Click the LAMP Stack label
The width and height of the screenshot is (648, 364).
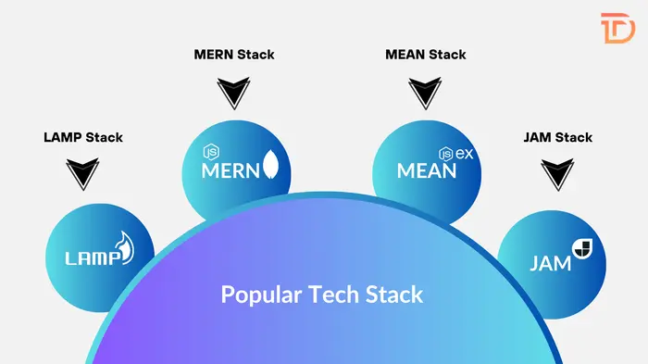[83, 137]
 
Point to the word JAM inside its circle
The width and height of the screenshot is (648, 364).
[549, 262]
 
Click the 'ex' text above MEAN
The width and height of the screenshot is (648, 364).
[464, 153]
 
